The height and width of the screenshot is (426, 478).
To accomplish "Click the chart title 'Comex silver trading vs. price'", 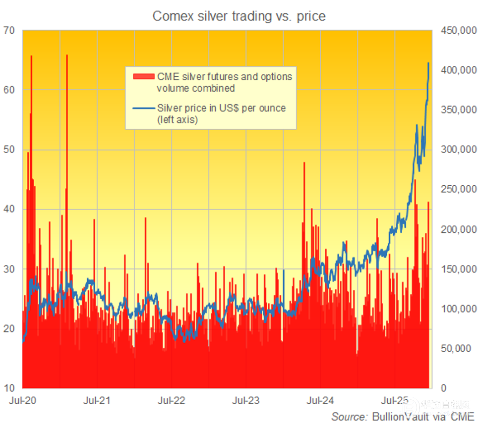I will coord(239,16).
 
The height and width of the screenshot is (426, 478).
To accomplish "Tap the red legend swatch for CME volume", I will coord(143,77).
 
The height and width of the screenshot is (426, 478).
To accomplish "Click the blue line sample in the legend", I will coord(143,108).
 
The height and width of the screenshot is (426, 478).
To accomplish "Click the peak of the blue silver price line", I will coord(428,63).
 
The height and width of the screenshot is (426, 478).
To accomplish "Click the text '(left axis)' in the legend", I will coord(178,120).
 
